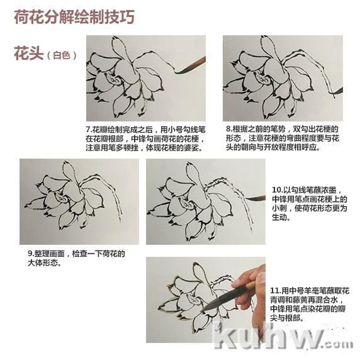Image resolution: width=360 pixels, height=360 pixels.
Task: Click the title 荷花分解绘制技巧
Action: click(74, 17)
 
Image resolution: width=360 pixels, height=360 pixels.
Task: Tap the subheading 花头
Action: click(29, 53)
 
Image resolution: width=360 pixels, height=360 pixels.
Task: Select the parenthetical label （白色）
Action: click(62, 55)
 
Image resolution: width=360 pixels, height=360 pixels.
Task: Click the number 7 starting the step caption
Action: click(88, 129)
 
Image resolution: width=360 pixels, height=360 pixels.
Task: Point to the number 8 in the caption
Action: click(228, 129)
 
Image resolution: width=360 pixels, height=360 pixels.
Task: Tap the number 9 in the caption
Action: click(30, 254)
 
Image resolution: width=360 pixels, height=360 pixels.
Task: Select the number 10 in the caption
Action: click(276, 190)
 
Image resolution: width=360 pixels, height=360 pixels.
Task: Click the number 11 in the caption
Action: click(274, 291)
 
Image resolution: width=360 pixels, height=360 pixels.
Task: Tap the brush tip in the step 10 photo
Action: click(246, 198)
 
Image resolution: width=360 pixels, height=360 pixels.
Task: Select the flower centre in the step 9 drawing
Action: click(60, 198)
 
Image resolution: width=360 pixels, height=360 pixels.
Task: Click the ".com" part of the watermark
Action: click(339, 344)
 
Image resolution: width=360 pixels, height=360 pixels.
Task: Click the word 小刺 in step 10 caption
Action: click(279, 208)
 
